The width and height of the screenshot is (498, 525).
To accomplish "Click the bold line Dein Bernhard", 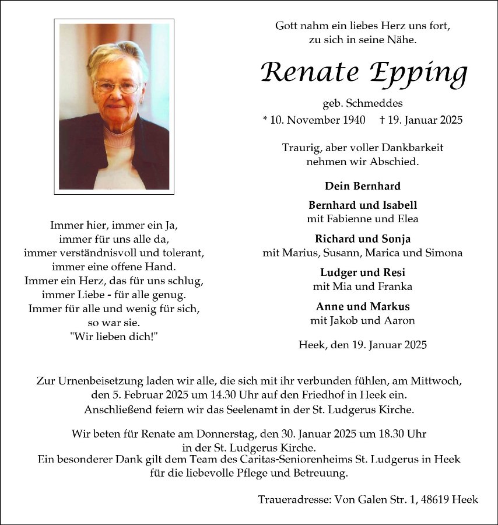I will point(362,186).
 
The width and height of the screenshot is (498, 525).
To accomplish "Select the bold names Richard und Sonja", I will point(362,239).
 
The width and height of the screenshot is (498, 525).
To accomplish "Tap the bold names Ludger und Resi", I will point(362,272).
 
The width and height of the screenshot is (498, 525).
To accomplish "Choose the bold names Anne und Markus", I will point(362,306).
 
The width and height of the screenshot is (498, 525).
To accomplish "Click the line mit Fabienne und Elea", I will point(362,219).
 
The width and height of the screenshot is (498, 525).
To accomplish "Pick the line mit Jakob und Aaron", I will point(362,320).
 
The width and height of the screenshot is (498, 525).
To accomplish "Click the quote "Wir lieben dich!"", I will point(114,337).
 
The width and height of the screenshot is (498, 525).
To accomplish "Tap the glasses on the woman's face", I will point(117,87).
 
